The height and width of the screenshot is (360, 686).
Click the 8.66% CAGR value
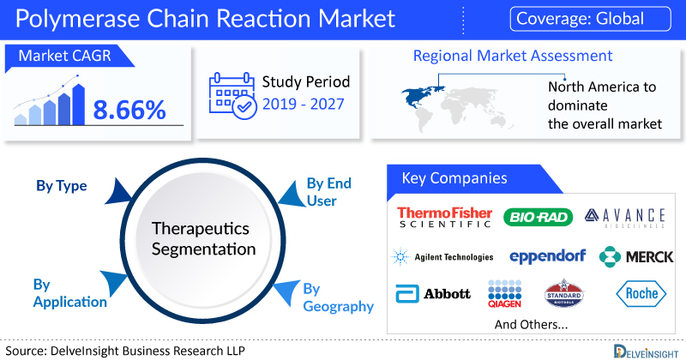coord(129,110)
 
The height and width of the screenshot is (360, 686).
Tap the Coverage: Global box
coord(590,19)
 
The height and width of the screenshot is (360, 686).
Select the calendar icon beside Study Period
coord(232,96)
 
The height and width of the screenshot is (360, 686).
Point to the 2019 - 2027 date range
coord(304,104)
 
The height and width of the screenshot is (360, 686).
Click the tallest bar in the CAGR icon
coord(79,105)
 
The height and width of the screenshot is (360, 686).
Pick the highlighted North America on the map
coord(421,96)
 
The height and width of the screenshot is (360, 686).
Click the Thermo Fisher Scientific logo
coord(444,217)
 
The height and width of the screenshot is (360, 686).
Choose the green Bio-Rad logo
coord(539,217)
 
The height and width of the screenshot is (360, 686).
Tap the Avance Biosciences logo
coord(625,218)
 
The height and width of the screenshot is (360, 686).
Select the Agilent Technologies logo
coord(442,256)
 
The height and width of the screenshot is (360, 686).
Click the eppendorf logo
coord(547,256)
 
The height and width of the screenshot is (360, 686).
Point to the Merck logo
coord(636,257)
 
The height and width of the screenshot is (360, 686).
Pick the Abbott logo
coord(433,293)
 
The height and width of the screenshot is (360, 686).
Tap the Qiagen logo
coord(504,293)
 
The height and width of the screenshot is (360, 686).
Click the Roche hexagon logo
coord(641,293)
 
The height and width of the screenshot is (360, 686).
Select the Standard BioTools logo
coord(564,293)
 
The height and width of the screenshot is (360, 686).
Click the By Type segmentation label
coord(62,186)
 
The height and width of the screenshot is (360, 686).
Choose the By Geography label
coord(338,297)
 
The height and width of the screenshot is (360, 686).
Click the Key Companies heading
coord(454,178)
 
